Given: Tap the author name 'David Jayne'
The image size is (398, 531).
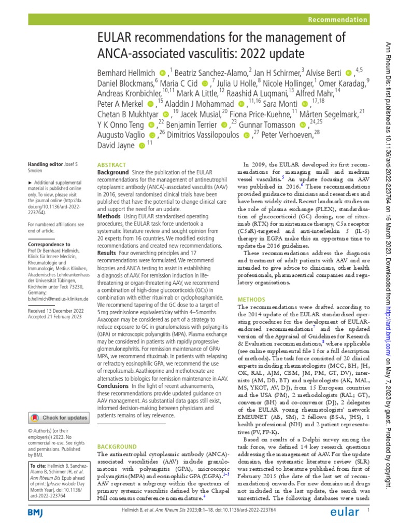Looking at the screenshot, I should [x=116, y=147].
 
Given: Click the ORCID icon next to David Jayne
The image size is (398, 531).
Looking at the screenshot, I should [x=142, y=147].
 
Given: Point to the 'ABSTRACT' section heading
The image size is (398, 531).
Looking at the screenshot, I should [x=111, y=164].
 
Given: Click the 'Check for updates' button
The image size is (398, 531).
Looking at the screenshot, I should [x=58, y=417].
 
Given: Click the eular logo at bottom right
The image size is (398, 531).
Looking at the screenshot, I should [x=345, y=512].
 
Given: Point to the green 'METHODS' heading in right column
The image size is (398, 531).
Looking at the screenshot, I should [x=251, y=300].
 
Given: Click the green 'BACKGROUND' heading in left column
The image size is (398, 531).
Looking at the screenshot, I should [x=116, y=446].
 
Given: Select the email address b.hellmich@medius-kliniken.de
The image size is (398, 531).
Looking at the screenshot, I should [x=58, y=299].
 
